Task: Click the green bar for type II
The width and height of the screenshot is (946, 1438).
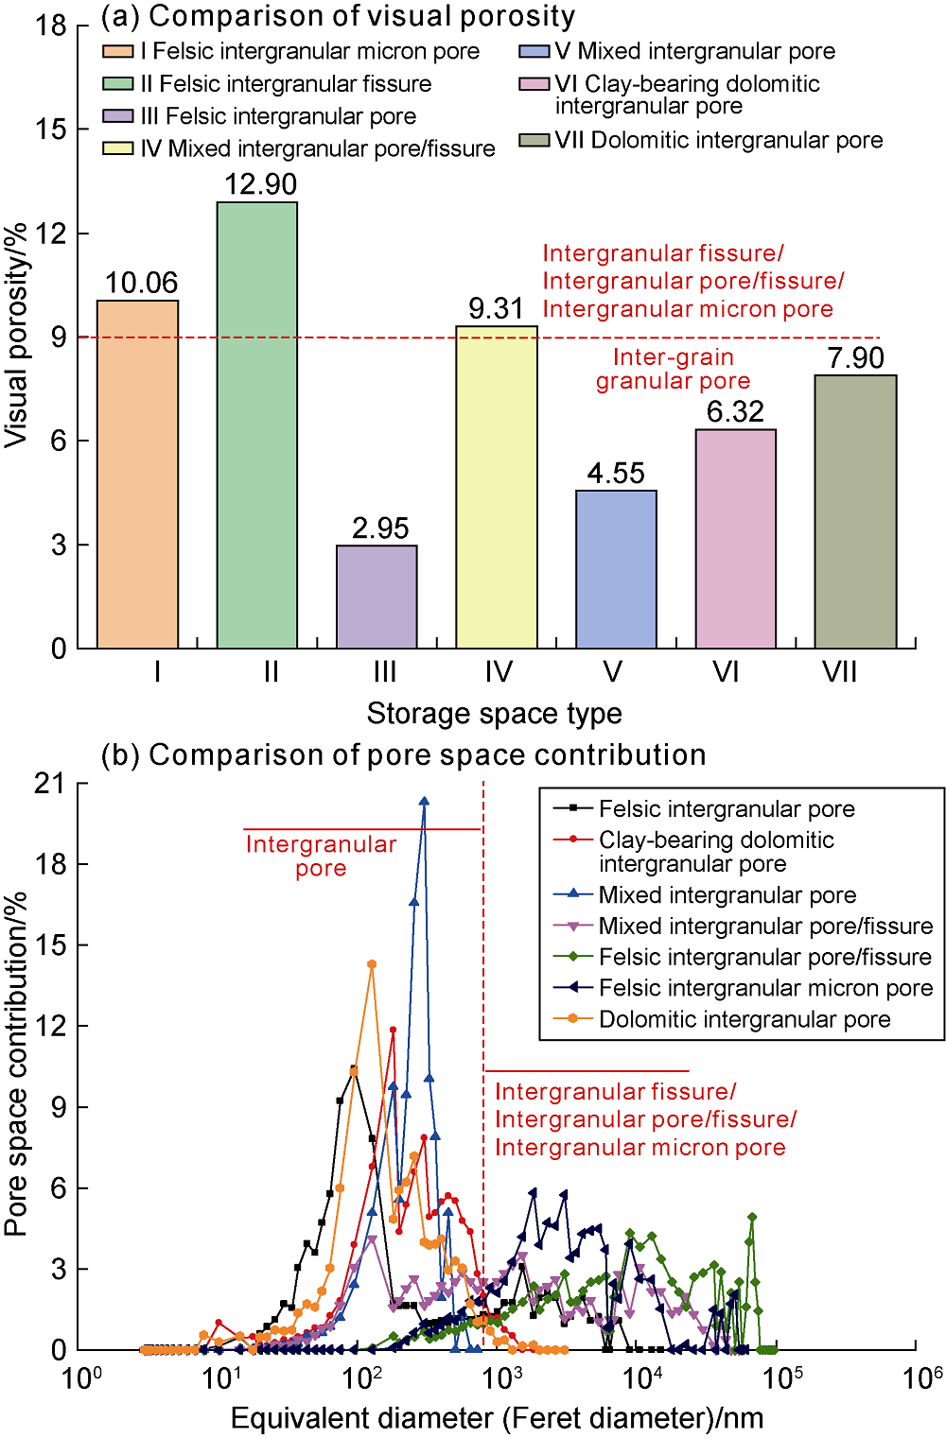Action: pos(257,425)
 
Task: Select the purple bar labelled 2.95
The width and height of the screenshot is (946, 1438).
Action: pos(377,597)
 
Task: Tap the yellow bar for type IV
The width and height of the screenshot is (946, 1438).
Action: pos(497,487)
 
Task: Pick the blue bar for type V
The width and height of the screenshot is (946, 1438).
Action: pos(616,569)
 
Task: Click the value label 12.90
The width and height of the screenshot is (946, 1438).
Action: pos(260,184)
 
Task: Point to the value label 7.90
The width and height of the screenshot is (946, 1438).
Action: pos(855,358)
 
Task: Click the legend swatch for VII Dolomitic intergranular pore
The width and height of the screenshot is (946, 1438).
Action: pos(534,141)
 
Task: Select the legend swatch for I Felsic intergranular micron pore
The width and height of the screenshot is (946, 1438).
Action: pos(118,52)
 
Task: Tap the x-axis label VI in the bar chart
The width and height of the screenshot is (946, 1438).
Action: pos(726,672)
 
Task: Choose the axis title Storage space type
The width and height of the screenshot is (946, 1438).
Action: pos(494,714)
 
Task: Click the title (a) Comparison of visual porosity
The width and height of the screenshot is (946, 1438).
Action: pos(338,16)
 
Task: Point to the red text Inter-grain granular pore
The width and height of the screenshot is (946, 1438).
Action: pos(673,369)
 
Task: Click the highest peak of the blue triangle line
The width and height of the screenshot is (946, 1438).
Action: pos(424,801)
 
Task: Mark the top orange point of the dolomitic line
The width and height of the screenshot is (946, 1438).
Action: pos(372,964)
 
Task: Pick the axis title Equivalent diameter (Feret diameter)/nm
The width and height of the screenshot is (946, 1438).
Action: pos(497,1418)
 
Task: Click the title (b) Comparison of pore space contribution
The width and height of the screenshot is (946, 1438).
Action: pos(404,755)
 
